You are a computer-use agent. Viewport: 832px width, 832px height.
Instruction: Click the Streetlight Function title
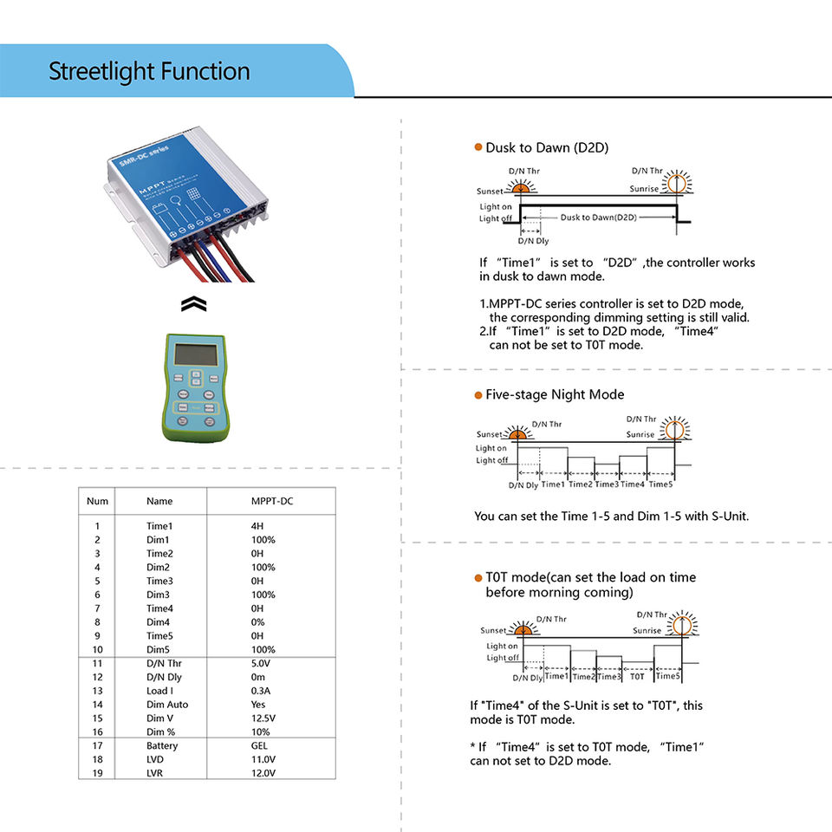pyautogui.click(x=149, y=71)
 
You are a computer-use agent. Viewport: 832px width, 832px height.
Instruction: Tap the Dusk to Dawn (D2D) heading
pyautogui.click(x=546, y=148)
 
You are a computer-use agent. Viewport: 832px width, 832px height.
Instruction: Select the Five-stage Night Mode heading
pyautogui.click(x=554, y=394)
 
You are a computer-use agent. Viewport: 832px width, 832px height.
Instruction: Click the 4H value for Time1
pyautogui.click(x=257, y=526)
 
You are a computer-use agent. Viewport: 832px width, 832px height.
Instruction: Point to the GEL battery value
pyautogui.click(x=259, y=745)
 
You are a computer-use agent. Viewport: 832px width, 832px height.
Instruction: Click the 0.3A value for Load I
pyautogui.click(x=261, y=691)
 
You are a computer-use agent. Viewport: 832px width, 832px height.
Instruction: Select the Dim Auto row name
pyautogui.click(x=167, y=705)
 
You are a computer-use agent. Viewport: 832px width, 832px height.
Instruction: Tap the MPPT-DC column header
pyautogui.click(x=270, y=501)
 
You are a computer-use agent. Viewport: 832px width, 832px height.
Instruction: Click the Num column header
pyautogui.click(x=98, y=501)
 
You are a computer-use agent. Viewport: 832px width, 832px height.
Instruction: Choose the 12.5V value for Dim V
pyautogui.click(x=263, y=718)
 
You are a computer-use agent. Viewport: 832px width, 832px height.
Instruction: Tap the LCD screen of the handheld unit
pyautogui.click(x=195, y=353)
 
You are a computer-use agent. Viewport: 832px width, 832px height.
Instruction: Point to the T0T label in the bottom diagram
pyautogui.click(x=637, y=677)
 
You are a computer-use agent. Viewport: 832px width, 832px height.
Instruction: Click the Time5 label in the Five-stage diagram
pyautogui.click(x=660, y=484)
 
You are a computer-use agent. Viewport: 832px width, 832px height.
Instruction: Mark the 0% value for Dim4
pyautogui.click(x=257, y=622)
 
